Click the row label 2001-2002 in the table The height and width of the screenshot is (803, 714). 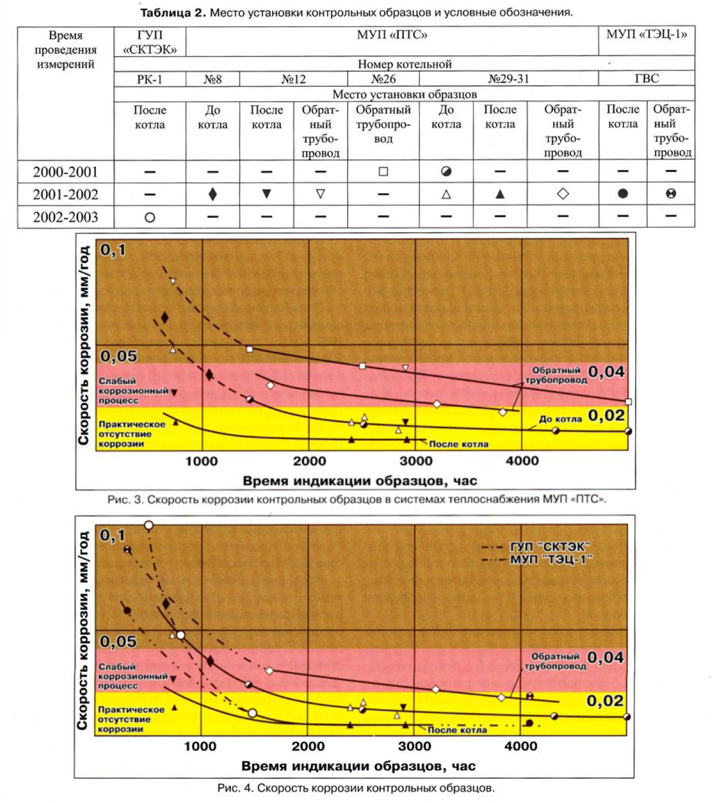coord(65,194)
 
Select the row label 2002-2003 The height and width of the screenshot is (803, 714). coord(65,217)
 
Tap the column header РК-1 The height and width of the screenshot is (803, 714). coord(149,79)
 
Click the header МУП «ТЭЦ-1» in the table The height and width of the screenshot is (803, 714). coord(647,35)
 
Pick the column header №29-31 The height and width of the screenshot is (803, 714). coord(508,79)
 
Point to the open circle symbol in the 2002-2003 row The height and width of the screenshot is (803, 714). coord(150,217)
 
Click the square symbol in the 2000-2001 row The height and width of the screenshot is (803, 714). coord(383,172)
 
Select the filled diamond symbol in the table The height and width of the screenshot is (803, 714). coord(213,194)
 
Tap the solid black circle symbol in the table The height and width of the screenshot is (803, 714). coord(622,194)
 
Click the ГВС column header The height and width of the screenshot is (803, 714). coord(647,79)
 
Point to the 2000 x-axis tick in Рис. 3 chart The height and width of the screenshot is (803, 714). coord(309,461)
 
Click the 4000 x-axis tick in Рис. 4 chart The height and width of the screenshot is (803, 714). coord(521,746)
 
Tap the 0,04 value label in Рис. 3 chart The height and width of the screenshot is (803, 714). coord(606,372)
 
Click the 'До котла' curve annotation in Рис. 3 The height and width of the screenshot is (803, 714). coord(560,419)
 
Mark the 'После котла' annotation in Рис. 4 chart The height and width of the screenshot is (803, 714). coord(457,730)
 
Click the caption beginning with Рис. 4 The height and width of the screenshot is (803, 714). coord(356,788)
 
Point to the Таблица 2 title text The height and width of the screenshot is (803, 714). coord(356,12)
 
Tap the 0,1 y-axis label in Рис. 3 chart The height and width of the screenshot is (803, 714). coord(112,250)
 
